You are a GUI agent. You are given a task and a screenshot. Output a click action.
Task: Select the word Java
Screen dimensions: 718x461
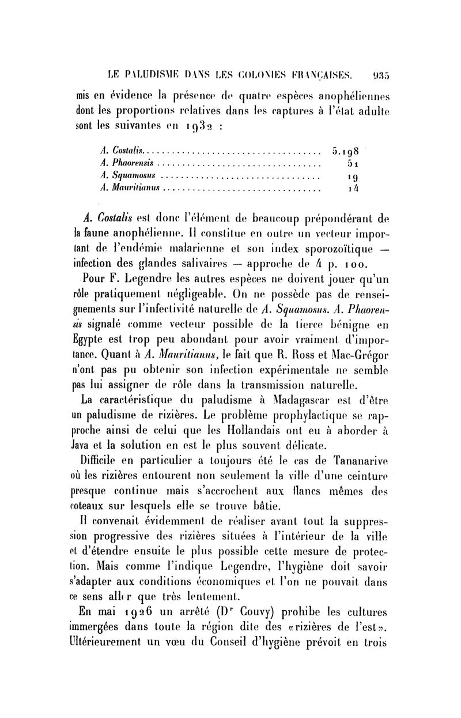pos(86,445)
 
